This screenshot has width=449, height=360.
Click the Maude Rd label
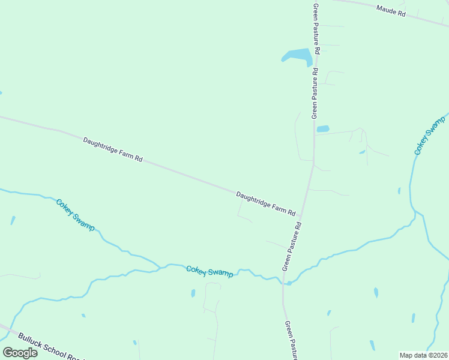tap(391, 11)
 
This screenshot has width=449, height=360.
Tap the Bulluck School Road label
tap(49, 346)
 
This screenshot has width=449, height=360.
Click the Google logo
tap(20, 353)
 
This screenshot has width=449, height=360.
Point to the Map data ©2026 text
tap(423, 355)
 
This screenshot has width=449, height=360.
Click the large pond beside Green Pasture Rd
tap(297, 56)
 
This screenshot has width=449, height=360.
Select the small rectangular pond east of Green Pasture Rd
tap(323, 128)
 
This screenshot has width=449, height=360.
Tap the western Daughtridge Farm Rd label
tap(113, 150)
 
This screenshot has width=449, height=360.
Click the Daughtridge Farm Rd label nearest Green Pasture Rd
tap(266, 203)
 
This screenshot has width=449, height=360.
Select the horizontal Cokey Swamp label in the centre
tap(209, 271)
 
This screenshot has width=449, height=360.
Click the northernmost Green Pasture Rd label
tap(316, 28)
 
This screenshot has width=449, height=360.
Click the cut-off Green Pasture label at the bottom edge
tap(291, 341)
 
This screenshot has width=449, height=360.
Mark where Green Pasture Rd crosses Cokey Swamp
tap(283, 281)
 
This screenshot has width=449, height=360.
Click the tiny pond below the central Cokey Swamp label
tap(193, 293)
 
